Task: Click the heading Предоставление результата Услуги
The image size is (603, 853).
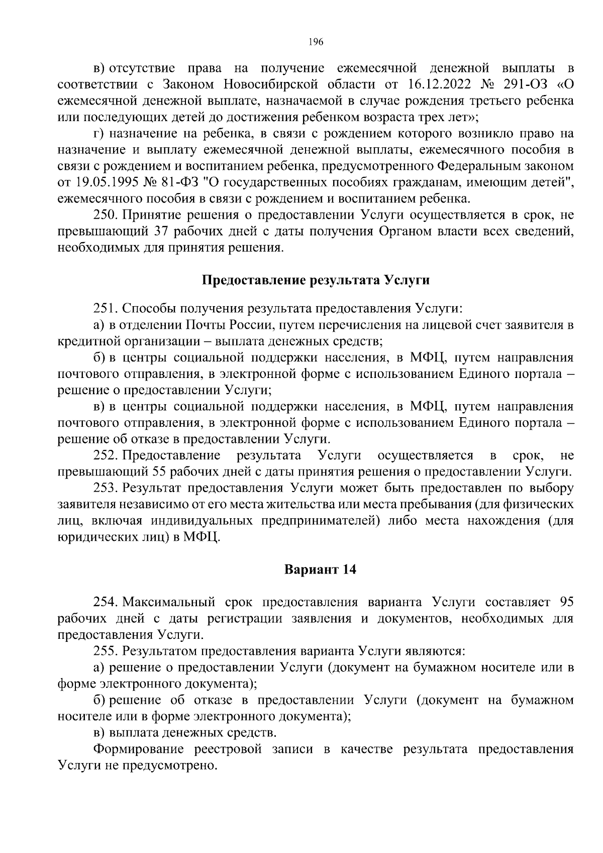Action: pyautogui.click(x=316, y=280)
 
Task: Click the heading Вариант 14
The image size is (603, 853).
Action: pyautogui.click(x=320, y=570)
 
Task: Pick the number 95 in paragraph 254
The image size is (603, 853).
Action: pyautogui.click(x=566, y=602)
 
